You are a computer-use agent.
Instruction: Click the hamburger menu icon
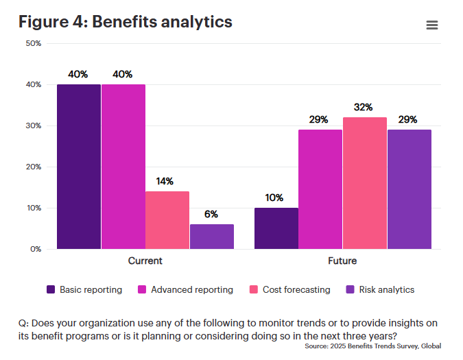[x=431, y=25]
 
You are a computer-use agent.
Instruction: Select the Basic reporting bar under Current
[x=79, y=167]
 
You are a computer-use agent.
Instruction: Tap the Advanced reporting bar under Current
[x=123, y=167]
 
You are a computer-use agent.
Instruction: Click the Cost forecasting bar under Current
[x=167, y=220]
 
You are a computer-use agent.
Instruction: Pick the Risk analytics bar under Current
[x=212, y=237]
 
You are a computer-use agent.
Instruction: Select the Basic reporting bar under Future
[x=276, y=228]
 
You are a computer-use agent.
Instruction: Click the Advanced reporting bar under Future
[x=320, y=189]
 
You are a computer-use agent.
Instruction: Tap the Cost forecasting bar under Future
[x=365, y=183]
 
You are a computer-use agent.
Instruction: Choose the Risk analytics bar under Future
[x=409, y=189]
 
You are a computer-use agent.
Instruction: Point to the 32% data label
[x=364, y=108]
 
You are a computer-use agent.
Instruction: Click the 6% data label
[x=211, y=214]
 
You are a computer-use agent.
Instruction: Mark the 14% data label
[x=165, y=182]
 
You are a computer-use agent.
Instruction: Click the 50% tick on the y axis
[x=34, y=43]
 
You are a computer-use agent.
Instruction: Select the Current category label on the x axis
[x=145, y=261]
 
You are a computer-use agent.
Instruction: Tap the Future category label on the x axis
[x=342, y=261]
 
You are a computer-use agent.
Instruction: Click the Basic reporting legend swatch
[x=51, y=289]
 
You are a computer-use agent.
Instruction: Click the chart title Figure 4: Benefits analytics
[x=126, y=22]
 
